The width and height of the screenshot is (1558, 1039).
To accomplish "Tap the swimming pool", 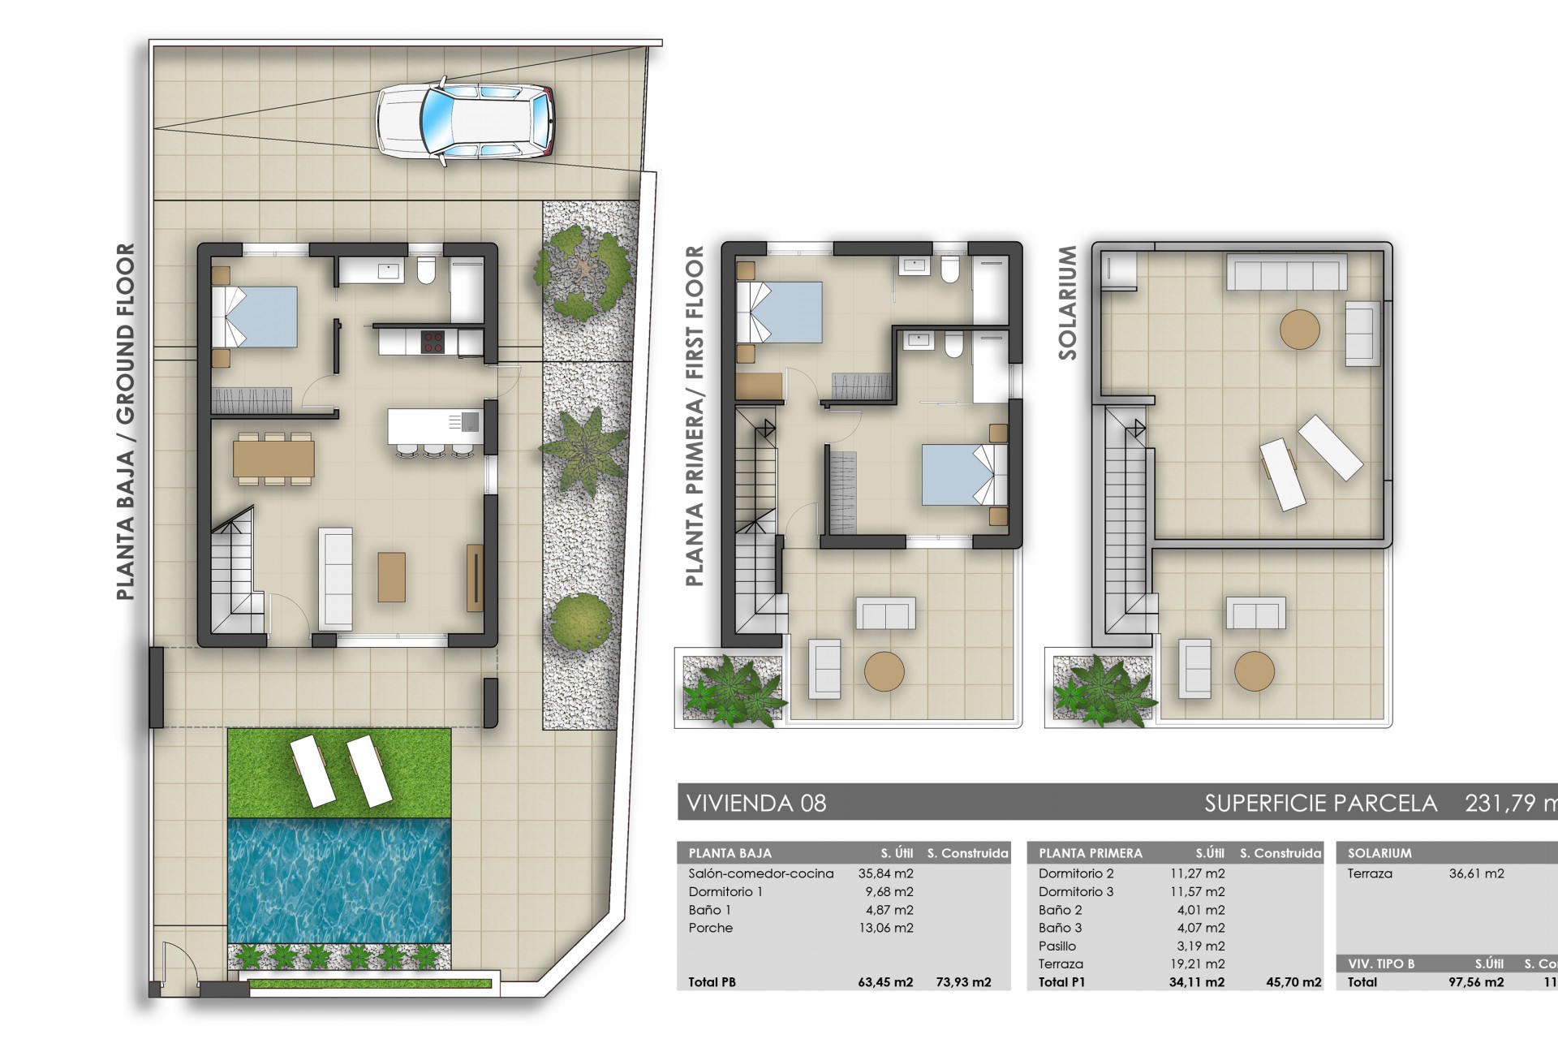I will coord(339,879).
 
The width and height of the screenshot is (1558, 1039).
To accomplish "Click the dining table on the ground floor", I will coord(273,459).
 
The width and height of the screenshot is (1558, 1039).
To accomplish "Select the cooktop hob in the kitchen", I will coord(433,341).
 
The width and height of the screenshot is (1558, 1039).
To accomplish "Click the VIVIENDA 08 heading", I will coord(756,804).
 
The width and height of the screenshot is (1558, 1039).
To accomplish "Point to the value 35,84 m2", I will coord(885,873).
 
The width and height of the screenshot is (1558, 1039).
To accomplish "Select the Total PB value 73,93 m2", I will coord(963,982).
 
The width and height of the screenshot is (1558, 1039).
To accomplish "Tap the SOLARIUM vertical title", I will coord(1068,302).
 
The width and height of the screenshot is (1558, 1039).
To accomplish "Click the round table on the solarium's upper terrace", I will coord(1299,330).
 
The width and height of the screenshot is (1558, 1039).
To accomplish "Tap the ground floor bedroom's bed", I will coord(254,317).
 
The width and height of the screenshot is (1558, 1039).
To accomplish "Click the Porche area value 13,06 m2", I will coord(885,928).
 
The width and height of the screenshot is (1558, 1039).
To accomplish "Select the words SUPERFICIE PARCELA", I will coord(1320,804).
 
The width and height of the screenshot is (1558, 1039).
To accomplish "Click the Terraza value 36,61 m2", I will coord(1476,873).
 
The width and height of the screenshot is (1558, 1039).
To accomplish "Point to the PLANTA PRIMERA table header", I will coord(1090,853).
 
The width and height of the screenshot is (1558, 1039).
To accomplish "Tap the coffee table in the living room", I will coord(391,576).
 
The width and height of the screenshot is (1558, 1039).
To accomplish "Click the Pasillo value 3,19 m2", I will coord(1200,946).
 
